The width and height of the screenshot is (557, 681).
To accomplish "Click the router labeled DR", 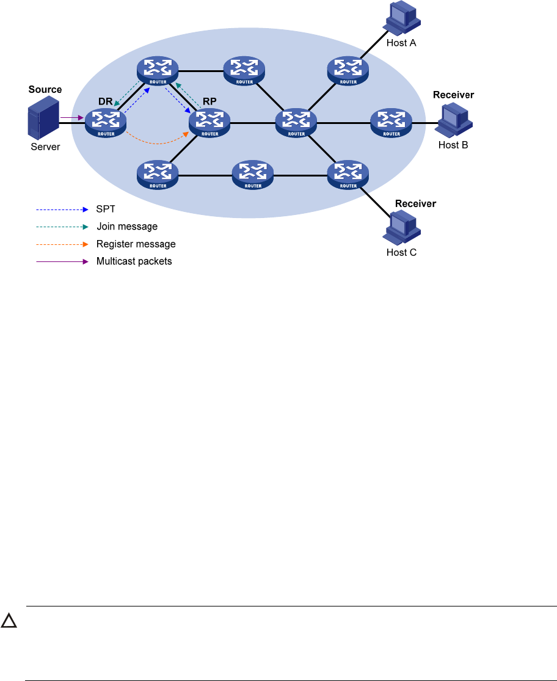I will tap(105, 122).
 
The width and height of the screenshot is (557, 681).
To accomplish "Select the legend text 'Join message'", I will tap(127, 227).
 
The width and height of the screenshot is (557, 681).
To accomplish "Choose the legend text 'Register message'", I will tap(136, 244).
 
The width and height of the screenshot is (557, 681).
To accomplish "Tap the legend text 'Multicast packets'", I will tap(134, 262).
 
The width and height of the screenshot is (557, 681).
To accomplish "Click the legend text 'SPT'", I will tap(106, 209).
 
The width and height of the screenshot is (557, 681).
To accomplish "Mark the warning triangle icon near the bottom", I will tap(9, 622).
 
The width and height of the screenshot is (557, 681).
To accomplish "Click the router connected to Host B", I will tap(391, 123).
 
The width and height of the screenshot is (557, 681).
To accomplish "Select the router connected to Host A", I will tap(348, 70).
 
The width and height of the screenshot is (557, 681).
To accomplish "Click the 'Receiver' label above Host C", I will tap(416, 203).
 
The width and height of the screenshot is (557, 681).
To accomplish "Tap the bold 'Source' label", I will tap(45, 90).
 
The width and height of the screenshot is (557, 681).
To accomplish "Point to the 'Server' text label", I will tap(45, 147).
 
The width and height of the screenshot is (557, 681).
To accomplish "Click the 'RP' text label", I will tap(209, 102).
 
